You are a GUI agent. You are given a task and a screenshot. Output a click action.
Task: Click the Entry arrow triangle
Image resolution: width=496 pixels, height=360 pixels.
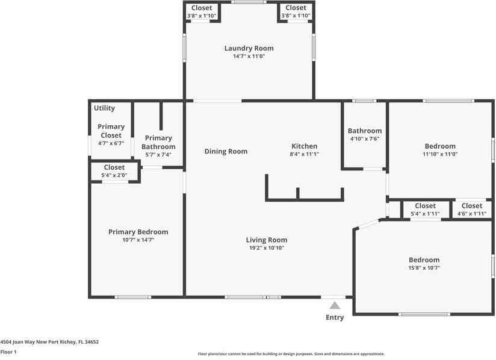pos(335,305)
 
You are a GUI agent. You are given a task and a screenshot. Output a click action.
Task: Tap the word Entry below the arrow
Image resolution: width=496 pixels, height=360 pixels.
pos(335,317)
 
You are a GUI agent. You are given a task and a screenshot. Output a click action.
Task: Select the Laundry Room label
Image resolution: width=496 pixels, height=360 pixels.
pos(249,48)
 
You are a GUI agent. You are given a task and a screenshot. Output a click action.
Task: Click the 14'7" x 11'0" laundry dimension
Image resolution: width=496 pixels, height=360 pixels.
pos(249,56)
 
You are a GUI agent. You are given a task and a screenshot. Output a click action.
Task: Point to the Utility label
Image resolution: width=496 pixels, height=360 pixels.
pos(104,108)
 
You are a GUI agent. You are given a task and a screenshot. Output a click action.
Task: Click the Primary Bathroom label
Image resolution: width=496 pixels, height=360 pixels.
pos(158,142)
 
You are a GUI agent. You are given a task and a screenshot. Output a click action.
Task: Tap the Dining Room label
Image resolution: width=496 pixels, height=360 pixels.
pos(226,151)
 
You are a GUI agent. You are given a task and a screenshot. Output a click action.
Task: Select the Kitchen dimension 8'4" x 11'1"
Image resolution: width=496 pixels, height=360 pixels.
pos(304,154)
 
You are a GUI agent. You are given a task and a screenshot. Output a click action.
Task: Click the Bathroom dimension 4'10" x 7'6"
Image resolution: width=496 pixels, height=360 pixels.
pos(364,138)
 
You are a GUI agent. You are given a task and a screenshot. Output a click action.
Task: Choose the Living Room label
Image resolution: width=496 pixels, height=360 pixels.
pos(266,240)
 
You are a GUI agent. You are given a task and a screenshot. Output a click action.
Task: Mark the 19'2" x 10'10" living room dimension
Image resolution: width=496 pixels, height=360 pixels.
pos(266,247)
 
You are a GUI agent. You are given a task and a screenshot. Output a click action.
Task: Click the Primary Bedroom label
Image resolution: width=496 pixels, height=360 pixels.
pos(138,232)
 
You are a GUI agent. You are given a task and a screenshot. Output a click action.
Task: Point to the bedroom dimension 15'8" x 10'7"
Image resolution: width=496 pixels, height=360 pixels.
pos(424,268)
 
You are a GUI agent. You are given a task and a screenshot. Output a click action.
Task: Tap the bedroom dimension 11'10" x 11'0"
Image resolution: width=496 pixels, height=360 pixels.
pos(440,154)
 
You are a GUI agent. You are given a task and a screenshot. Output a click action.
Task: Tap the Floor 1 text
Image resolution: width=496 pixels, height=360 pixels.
pos(8,352)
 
